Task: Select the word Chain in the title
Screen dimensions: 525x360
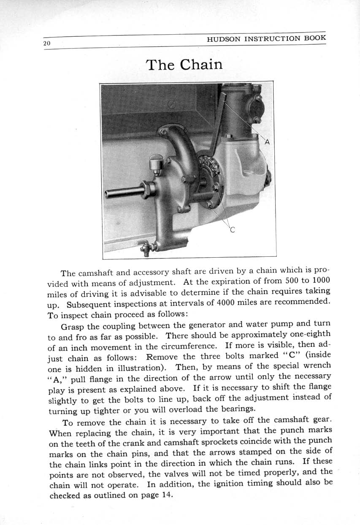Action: [201, 65]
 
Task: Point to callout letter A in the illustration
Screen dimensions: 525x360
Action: [267, 142]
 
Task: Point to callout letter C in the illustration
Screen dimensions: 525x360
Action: [232, 230]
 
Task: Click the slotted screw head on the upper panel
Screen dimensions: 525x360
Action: [171, 104]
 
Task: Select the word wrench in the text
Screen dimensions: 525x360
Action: [317, 365]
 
